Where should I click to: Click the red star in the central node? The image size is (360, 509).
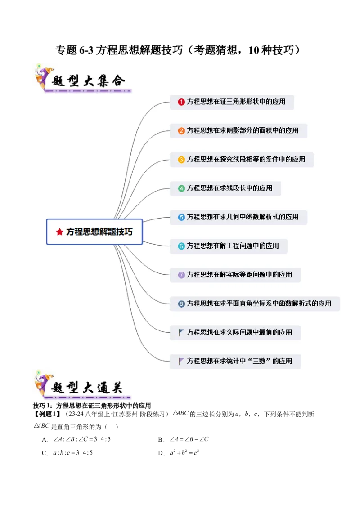point(59,232)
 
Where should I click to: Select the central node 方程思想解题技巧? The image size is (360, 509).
point(94,232)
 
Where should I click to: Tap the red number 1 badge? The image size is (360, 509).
point(181,102)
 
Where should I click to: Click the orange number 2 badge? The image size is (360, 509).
point(181,131)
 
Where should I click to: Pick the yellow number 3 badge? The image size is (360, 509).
point(181,160)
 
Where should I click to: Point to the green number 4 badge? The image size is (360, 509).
point(181,188)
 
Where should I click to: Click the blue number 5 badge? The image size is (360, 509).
point(181,217)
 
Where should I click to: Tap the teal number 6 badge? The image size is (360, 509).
point(181,246)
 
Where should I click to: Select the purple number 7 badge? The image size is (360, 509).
point(181,275)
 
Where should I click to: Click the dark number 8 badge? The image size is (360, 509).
point(181,304)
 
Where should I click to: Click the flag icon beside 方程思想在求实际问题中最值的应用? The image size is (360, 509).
point(181,332)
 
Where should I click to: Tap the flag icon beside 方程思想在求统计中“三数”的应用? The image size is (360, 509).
point(181,361)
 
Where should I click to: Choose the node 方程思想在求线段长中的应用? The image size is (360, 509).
point(229,188)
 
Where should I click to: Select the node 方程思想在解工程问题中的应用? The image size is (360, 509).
point(233,246)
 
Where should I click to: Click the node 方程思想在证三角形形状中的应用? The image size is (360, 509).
point(236,102)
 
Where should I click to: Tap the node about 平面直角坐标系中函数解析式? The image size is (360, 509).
point(259,304)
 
